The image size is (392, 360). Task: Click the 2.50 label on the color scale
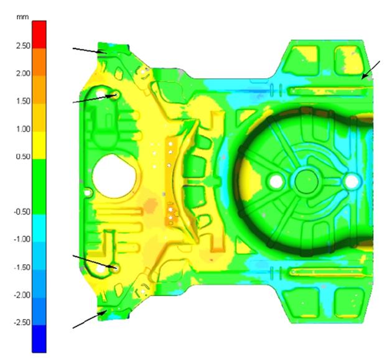[23, 46]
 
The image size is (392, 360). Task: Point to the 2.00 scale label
[23, 73]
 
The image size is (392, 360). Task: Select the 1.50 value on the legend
[23, 101]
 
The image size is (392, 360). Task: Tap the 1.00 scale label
[23, 129]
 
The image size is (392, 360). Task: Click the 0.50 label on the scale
[23, 157]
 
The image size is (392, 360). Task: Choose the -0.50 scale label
[22, 212]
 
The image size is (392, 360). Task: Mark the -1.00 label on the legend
[22, 239]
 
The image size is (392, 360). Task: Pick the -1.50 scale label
[22, 267]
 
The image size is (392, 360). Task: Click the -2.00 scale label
[22, 295]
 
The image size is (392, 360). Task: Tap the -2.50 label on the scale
[22, 322]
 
